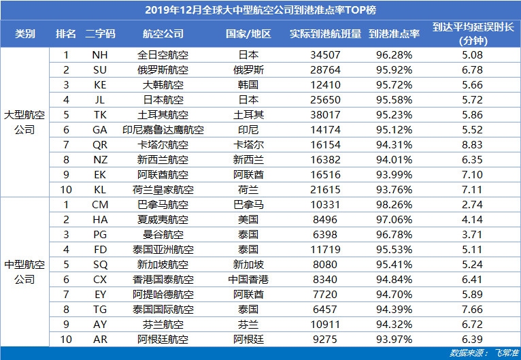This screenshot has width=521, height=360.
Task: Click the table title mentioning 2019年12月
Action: coord(260,10)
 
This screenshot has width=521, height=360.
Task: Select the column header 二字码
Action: coord(100,33)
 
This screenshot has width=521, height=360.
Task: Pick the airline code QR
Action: coord(100,144)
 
